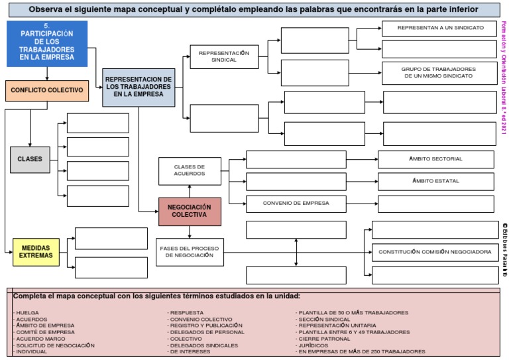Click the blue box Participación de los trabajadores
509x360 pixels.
(x=46, y=44)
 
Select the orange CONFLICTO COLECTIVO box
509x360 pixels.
(x=46, y=90)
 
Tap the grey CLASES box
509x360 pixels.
(x=30, y=159)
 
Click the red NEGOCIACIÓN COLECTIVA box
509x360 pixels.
(x=190, y=211)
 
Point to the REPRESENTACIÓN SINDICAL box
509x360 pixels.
(x=223, y=56)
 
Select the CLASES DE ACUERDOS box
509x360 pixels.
(x=189, y=170)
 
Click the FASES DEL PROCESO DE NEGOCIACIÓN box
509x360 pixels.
(x=189, y=252)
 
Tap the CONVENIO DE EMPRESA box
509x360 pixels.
(x=296, y=203)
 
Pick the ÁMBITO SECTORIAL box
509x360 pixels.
(x=436, y=159)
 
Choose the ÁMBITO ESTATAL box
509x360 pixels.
(x=436, y=181)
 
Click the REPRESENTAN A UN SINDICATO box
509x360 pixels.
(x=440, y=29)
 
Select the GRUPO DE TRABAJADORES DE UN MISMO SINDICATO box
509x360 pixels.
(x=439, y=73)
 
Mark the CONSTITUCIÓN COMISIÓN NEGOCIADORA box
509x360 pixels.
(x=435, y=252)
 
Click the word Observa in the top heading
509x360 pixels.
(x=52, y=10)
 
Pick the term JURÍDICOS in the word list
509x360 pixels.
(x=313, y=345)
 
